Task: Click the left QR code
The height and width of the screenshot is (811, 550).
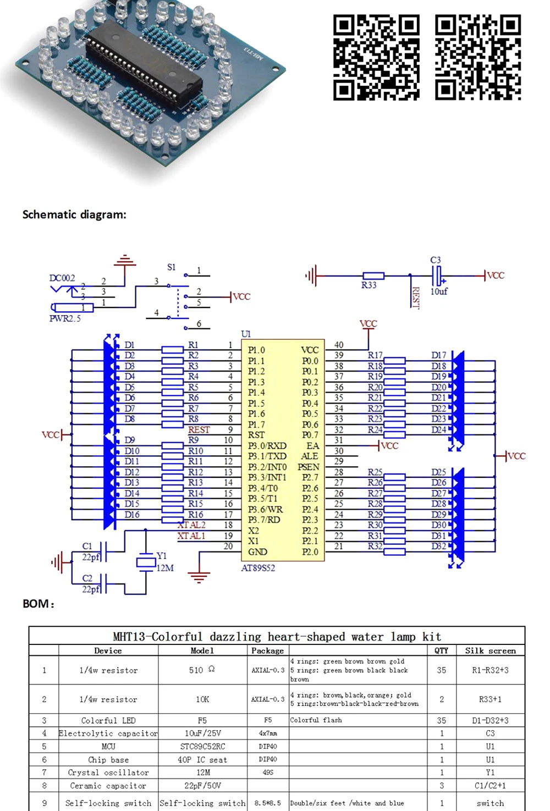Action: [376, 58]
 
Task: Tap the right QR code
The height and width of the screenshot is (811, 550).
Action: [478, 58]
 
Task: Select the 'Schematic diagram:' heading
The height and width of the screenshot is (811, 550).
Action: [74, 214]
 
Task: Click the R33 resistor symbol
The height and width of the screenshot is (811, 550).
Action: [373, 276]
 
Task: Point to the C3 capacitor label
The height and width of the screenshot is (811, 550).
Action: [436, 260]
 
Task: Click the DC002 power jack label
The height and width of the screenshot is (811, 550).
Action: [62, 278]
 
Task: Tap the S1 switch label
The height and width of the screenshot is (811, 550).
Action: [172, 267]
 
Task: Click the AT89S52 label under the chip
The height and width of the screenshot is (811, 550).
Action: [258, 568]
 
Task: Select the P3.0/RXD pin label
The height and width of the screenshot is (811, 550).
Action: [267, 446]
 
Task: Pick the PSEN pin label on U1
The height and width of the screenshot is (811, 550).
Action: [308, 467]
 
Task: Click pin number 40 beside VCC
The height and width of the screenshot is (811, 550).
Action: [339, 345]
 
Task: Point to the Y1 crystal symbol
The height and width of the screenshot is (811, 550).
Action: [146, 562]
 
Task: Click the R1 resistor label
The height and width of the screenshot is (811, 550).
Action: [194, 345]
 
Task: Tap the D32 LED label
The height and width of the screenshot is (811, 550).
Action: [438, 546]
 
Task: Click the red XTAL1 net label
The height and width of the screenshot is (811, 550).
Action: [191, 536]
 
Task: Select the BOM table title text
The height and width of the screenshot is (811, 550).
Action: [277, 637]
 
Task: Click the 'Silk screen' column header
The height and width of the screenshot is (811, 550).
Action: [490, 650]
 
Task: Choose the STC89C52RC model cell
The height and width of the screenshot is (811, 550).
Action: [202, 747]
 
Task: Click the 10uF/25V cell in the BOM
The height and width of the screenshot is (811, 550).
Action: [202, 733]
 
